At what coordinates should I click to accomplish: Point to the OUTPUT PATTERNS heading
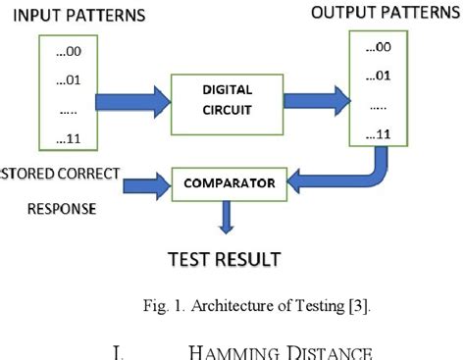pos(386,14)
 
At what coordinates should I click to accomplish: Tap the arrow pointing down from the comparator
pos(227,215)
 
